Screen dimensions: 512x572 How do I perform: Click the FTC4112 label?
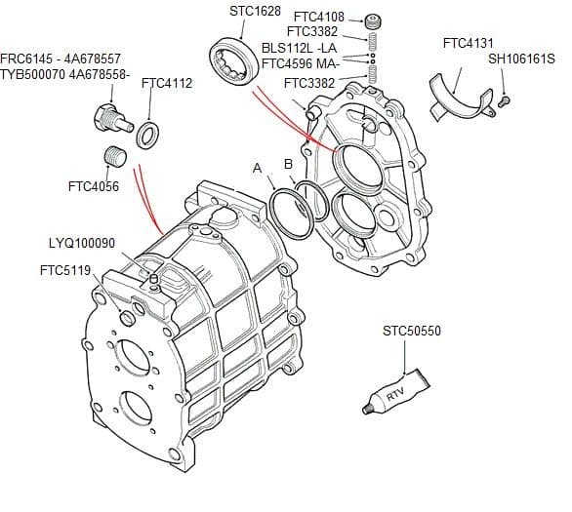[166, 84]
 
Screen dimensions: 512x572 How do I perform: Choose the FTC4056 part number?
[95, 186]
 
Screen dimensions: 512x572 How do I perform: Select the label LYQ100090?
[82, 243]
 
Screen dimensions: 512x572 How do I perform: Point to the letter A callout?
[258, 169]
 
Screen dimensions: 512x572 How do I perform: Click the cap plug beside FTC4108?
[371, 22]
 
